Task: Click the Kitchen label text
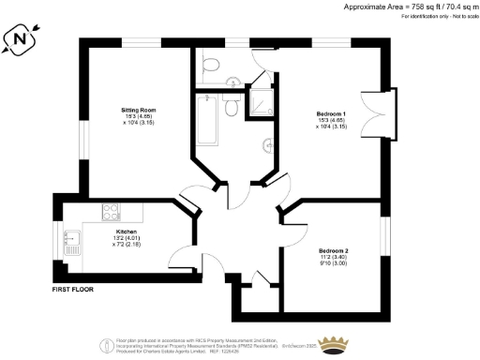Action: pyautogui.click(x=126, y=231)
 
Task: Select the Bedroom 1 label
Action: pyautogui.click(x=331, y=114)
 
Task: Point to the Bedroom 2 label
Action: pyautogui.click(x=333, y=251)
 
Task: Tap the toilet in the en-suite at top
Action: pyautogui.click(x=211, y=64)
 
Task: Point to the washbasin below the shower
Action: pyautogui.click(x=269, y=144)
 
